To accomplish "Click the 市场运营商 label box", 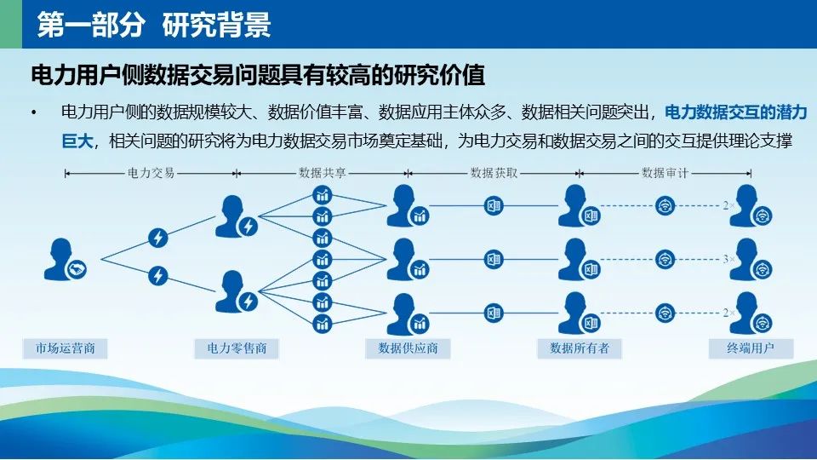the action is pos(66,348).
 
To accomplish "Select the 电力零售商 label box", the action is pos(237,348).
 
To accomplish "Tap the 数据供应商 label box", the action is pos(408,348).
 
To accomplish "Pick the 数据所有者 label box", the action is pos(580,348).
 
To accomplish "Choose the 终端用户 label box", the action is pos(751,348).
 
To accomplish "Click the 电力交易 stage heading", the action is pos(151,173).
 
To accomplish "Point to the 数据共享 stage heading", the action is pos(323,173).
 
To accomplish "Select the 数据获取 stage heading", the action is pos(494,173).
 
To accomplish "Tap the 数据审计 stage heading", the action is pos(666,173).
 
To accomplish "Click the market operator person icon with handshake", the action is pos(65,260).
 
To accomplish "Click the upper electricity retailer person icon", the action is pos(236,217).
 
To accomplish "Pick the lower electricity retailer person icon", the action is pos(236,292).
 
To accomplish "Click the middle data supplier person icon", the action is pos(408,260).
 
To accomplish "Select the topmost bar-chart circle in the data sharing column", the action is pos(323,195).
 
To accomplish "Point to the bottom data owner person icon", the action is pos(579,313).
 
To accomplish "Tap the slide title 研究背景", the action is pos(216,25).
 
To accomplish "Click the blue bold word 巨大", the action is pos(77,141).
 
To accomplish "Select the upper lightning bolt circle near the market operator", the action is pos(158,238).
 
